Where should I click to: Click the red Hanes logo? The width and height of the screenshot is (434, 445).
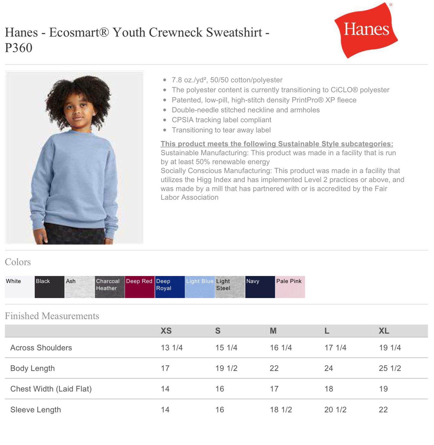coord(366,30)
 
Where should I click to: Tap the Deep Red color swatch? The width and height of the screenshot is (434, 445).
coord(140,287)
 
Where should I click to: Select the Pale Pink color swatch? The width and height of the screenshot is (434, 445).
coord(290,287)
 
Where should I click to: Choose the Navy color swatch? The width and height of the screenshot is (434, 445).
coord(260,287)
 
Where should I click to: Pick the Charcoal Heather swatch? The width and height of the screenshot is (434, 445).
coord(110,287)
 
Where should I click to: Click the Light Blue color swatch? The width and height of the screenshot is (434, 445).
coord(200,287)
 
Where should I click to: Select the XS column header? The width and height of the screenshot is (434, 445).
coord(166,331)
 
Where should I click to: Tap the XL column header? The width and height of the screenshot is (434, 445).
coord(384,331)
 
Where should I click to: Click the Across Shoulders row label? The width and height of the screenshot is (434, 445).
coord(41,348)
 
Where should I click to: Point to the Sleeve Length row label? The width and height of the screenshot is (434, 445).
coord(35,410)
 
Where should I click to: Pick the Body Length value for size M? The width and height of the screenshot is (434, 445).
coord(274,368)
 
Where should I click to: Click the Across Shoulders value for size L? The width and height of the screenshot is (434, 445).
coord(335,348)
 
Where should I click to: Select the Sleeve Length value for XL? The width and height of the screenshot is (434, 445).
coord(383,410)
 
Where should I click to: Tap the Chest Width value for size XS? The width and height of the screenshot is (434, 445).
coord(165,389)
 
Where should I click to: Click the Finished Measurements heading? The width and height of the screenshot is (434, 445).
coord(52,316)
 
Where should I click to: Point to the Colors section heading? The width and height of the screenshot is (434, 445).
coord(18,262)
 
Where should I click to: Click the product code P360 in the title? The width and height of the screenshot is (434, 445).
coord(19,48)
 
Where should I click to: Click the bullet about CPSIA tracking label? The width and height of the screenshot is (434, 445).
coord(221,120)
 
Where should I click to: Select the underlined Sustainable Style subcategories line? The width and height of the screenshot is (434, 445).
coord(277,144)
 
